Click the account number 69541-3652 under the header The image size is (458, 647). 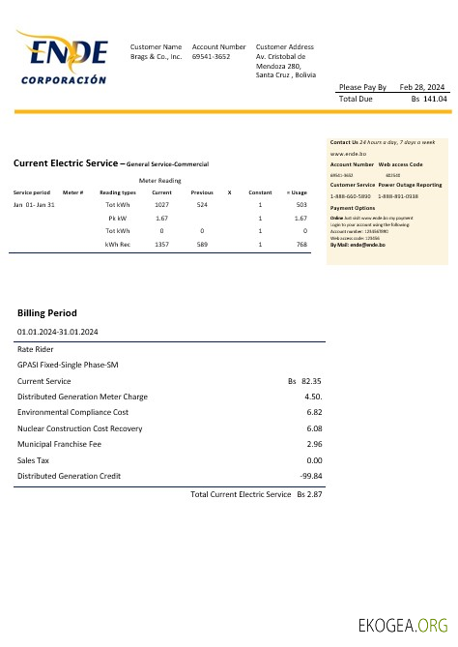click(211, 57)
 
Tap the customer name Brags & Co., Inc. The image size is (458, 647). click(156, 57)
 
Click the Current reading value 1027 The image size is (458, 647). click(161, 205)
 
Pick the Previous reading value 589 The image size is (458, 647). click(202, 245)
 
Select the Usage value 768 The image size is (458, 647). click(301, 245)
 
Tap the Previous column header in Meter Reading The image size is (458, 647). click(202, 192)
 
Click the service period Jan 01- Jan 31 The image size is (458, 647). click(35, 205)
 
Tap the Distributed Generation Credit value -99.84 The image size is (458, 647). click(311, 476)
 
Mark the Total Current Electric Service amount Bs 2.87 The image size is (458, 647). click(309, 494)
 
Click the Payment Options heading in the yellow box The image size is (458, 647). click(352, 208)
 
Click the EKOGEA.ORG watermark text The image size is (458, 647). click(403, 626)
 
